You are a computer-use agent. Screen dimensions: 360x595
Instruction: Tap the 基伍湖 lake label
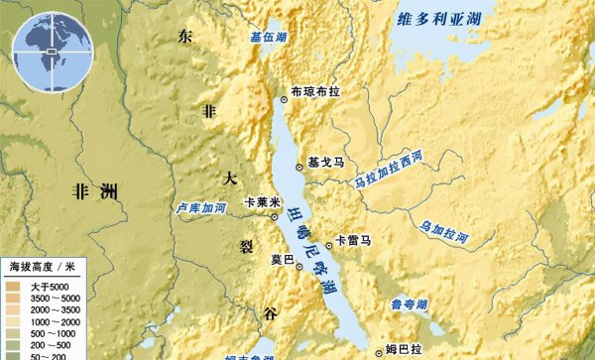pos(270,39)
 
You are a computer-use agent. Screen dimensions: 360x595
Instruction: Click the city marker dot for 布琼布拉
pos(283,92)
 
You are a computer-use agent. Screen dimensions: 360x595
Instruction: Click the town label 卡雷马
pos(353,240)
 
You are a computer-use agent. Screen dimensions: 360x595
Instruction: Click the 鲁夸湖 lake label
pos(408,304)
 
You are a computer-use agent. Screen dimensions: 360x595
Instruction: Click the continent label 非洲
pos(95,191)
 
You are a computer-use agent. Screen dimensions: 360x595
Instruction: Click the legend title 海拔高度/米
pos(43,267)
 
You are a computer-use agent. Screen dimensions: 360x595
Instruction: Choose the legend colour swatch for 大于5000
pos(15,287)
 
